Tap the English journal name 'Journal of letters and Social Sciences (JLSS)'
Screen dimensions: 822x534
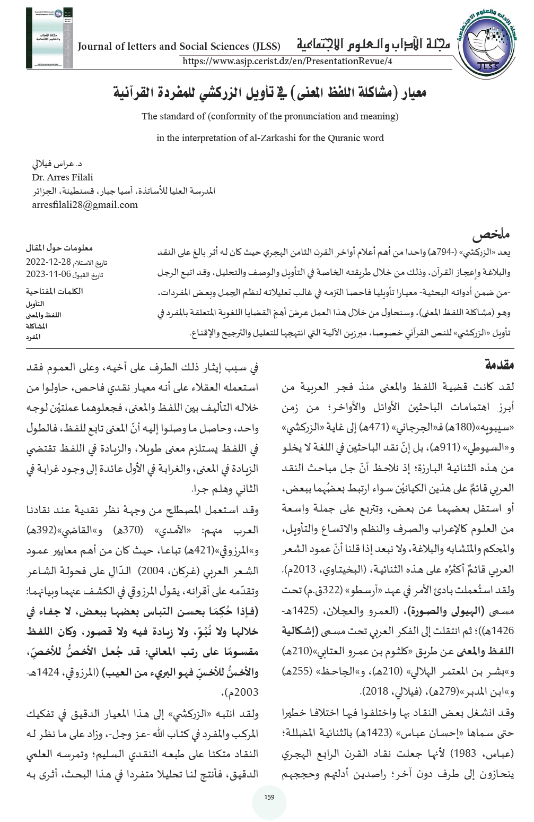coord(179,46)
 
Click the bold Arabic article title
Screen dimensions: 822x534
coord(270,92)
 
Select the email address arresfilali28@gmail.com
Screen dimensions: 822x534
coord(85,205)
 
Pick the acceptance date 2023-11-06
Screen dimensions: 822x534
coord(48,274)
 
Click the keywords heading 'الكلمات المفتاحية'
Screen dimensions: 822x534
coord(54,291)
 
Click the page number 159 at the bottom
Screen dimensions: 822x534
coord(269,797)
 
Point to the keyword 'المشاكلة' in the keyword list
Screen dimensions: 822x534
coord(37,326)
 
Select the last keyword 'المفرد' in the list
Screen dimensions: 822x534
coord(33,337)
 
